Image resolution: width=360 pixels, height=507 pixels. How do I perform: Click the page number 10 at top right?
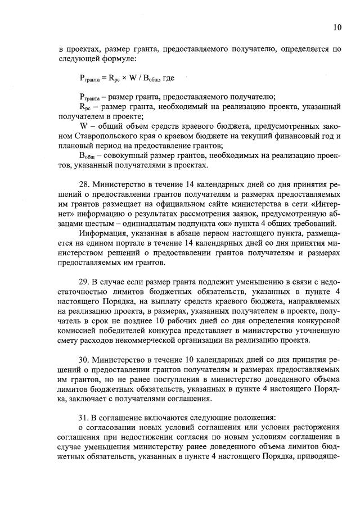click(x=337, y=27)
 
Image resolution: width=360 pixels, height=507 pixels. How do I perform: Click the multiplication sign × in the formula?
click(x=111, y=77)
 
